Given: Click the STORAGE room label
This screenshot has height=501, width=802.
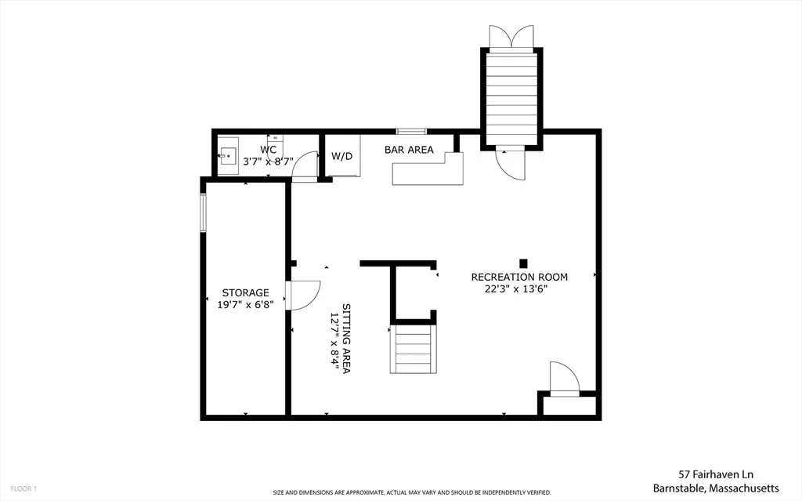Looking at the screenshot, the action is pyautogui.click(x=245, y=293).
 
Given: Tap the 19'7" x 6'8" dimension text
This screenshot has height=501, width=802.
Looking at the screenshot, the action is pyautogui.click(x=245, y=305).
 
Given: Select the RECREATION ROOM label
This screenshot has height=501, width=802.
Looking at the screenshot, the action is pyautogui.click(x=519, y=277).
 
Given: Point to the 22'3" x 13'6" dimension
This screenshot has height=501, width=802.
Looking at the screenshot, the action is pyautogui.click(x=516, y=289).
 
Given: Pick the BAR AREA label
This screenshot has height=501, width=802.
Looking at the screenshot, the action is pyautogui.click(x=409, y=150).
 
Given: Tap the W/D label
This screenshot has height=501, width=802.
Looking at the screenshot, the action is pyautogui.click(x=341, y=156).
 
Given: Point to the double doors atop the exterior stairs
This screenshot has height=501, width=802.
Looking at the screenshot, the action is pyautogui.click(x=511, y=36).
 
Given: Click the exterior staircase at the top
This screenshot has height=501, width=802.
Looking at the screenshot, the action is pyautogui.click(x=511, y=98).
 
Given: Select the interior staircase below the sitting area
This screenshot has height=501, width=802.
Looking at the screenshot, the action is pyautogui.click(x=414, y=349).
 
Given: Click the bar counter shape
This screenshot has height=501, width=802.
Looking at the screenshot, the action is pyautogui.click(x=428, y=169).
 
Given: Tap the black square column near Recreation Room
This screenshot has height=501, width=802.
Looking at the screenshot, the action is pyautogui.click(x=523, y=263).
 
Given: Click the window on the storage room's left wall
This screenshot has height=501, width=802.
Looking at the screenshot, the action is pyautogui.click(x=203, y=212).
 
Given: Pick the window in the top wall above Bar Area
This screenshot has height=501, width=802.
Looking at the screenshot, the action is pyautogui.click(x=412, y=131).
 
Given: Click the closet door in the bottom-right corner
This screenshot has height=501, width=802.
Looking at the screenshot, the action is pyautogui.click(x=564, y=379).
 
